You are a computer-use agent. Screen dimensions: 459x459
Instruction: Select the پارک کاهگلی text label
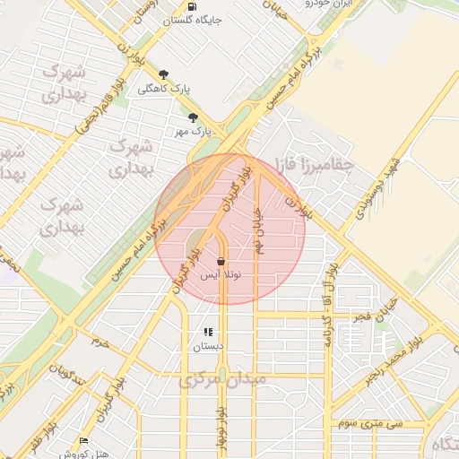pos(165,88)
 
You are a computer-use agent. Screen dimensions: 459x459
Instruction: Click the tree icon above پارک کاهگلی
pos(162,74)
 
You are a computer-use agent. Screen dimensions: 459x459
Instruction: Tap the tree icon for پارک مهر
pos(193,117)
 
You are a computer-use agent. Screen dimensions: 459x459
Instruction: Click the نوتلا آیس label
pos(221,275)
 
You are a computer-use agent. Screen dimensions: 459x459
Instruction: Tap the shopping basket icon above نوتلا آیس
pos(221,261)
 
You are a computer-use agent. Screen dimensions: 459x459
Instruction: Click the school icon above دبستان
pos(208,332)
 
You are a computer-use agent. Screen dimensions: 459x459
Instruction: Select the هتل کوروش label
pos(84,454)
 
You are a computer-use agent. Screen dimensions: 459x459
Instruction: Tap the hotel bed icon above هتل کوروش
pos(84,441)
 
